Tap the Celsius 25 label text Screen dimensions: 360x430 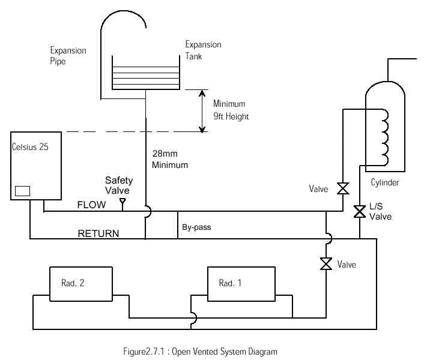tap(31, 146)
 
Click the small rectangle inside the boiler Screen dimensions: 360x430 tap(22, 191)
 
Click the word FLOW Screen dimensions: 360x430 tap(91, 205)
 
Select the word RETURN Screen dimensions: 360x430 tap(98, 233)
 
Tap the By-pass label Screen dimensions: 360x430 tap(196, 228)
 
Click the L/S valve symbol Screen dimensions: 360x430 tap(360, 211)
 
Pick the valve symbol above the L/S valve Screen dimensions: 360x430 tap(343, 188)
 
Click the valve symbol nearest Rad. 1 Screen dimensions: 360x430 tap(326, 263)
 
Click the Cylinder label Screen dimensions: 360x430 tap(385, 182)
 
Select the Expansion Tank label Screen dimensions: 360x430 tap(203, 50)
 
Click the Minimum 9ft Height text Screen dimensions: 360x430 tap(231, 110)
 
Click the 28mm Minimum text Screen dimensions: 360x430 tap(170, 160)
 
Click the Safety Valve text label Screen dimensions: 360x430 tap(119, 185)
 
